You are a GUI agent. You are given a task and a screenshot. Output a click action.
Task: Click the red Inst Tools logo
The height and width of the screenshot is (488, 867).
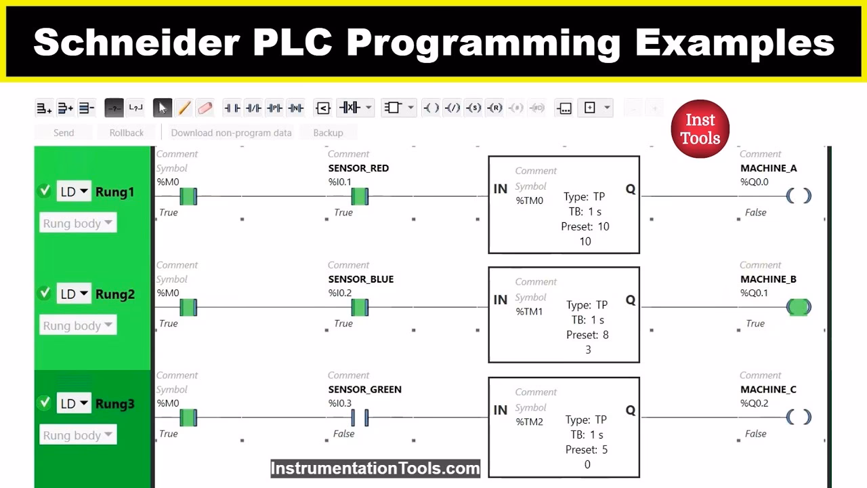click(x=700, y=129)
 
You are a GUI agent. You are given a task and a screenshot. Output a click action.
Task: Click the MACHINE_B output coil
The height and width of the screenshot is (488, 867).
click(x=799, y=307)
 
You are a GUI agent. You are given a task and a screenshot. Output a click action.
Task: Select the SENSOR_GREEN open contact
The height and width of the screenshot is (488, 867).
click(x=359, y=418)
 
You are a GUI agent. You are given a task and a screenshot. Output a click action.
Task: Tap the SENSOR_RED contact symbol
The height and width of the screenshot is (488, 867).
click(x=360, y=197)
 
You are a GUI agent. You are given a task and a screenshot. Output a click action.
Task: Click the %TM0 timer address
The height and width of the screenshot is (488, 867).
click(x=529, y=201)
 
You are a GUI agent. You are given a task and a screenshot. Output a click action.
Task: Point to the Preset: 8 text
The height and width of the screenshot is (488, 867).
click(x=587, y=335)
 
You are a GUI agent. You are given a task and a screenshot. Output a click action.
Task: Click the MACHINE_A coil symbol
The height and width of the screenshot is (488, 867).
click(x=799, y=196)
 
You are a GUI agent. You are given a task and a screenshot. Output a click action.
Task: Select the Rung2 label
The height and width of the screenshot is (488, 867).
click(x=114, y=294)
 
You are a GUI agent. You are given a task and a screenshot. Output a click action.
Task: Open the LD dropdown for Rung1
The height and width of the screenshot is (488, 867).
click(x=74, y=192)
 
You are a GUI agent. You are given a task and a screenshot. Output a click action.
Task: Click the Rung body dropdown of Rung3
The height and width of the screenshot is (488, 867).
click(x=78, y=435)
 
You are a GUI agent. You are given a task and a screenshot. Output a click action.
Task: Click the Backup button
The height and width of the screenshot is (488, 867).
click(x=328, y=133)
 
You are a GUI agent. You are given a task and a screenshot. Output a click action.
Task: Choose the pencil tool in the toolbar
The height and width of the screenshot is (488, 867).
click(x=184, y=108)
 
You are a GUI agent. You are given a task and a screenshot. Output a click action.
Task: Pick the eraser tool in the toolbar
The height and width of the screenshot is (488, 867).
click(x=205, y=108)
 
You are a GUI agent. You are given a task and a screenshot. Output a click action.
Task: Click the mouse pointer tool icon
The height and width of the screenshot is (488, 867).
click(x=162, y=108)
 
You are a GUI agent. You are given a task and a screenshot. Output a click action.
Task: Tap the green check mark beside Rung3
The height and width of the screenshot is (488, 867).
click(x=45, y=403)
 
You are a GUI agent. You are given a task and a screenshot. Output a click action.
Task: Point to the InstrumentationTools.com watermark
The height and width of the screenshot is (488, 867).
click(x=375, y=468)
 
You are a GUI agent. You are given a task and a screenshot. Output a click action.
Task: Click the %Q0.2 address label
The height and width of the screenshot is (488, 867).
click(x=754, y=403)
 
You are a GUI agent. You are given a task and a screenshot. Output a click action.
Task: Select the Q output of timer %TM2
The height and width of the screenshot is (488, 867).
click(x=630, y=410)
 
